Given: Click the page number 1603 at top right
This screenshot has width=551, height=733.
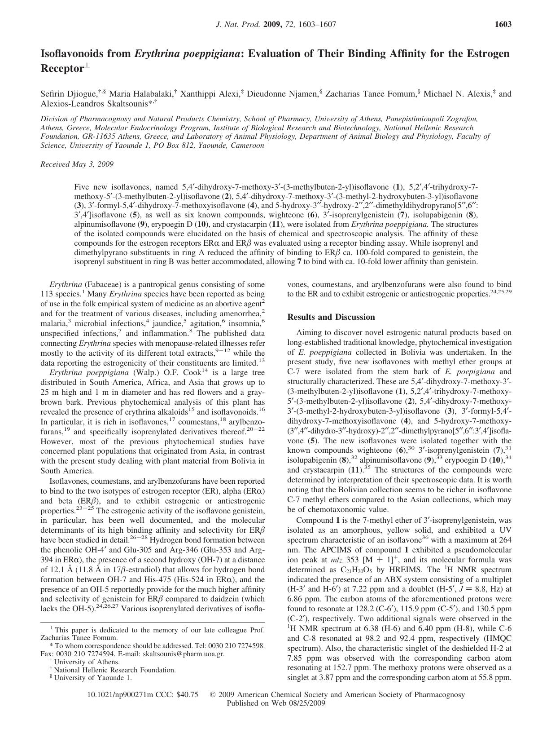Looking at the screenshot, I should pos(503,25).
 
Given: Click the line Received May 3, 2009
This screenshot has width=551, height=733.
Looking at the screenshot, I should pos(77,164).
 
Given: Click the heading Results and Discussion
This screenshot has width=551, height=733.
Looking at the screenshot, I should pos(331,317).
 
